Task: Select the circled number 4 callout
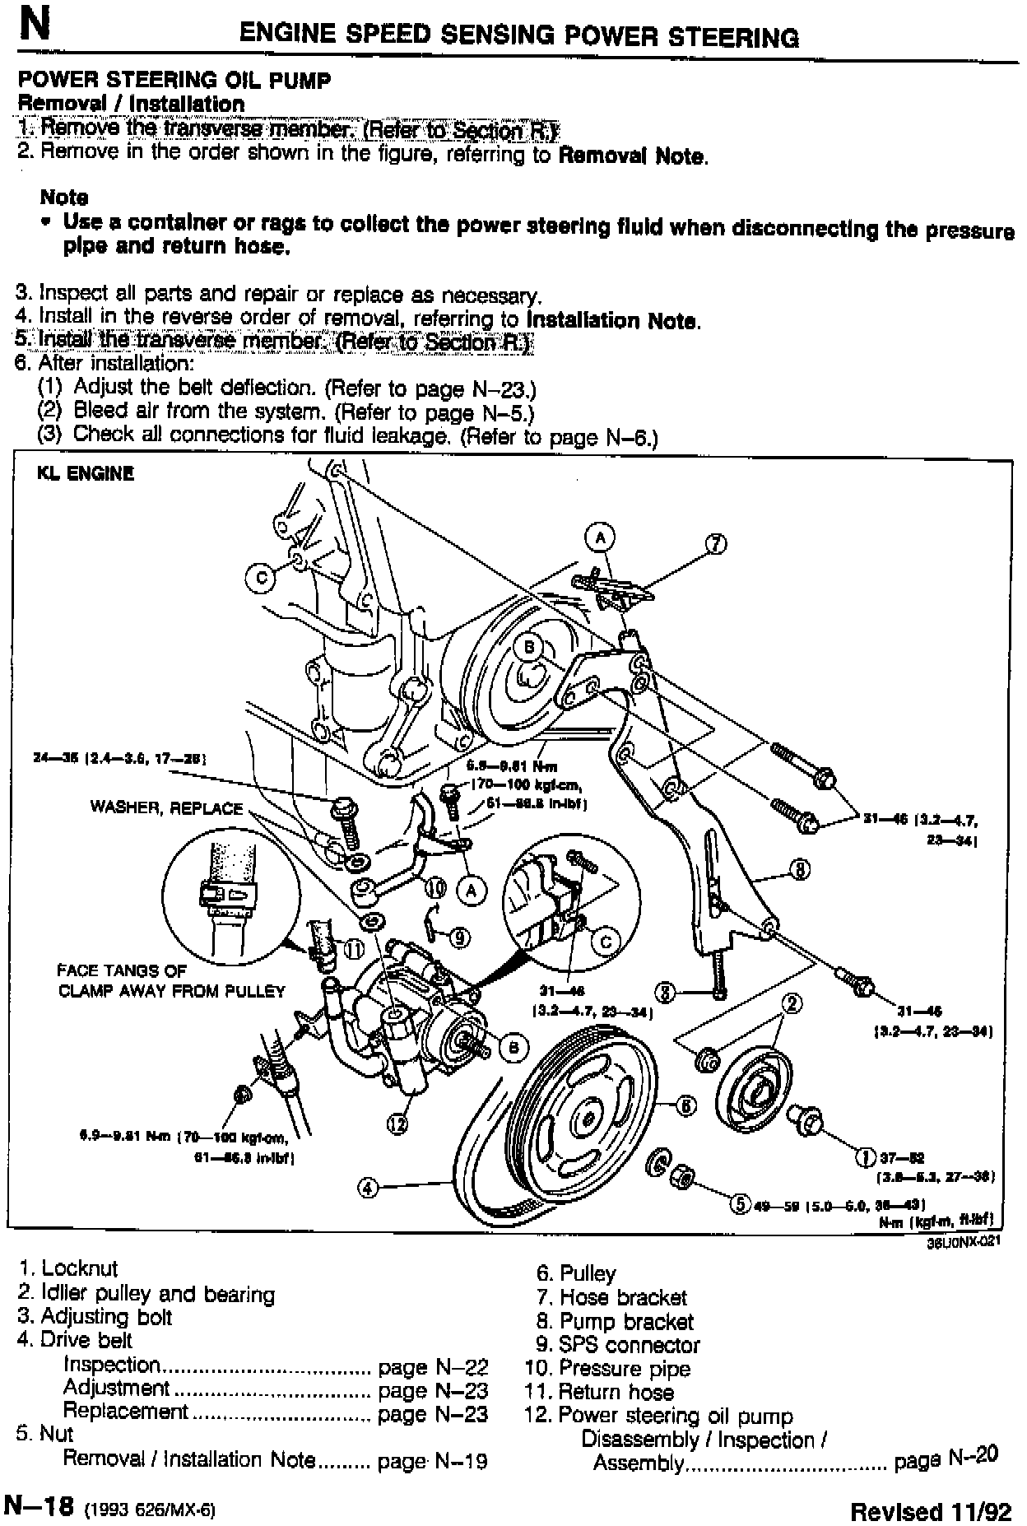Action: [x=368, y=1187]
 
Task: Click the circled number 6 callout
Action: [x=685, y=1105]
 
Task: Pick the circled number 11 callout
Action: [x=353, y=949]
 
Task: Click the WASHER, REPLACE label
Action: [x=166, y=807]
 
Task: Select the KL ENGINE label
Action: [x=85, y=473]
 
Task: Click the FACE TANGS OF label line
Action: [x=122, y=970]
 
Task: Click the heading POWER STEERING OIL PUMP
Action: [x=174, y=81]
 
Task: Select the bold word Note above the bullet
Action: [x=64, y=198]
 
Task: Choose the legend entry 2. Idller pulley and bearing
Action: [x=146, y=1293]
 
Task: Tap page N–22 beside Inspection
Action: [x=433, y=1367]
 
